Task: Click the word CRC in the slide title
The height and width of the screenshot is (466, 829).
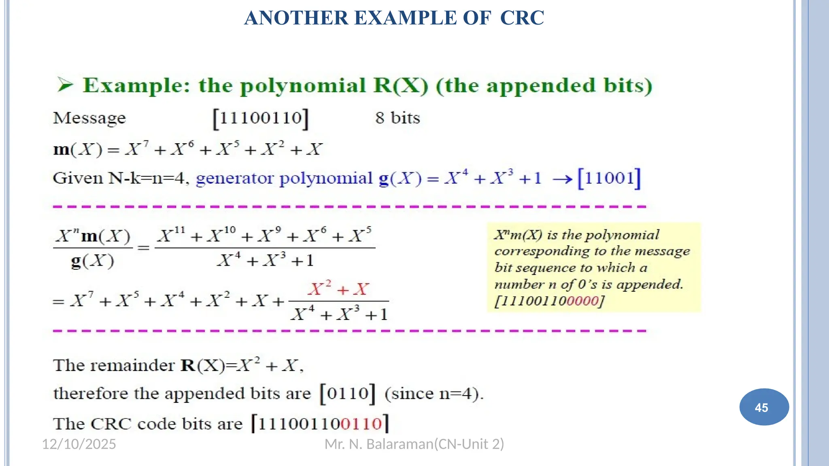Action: click(x=522, y=18)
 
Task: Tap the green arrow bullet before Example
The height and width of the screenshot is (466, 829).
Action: click(x=65, y=85)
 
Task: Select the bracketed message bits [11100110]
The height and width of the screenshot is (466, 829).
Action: click(x=261, y=119)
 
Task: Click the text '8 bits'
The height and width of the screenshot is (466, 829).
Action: click(x=397, y=118)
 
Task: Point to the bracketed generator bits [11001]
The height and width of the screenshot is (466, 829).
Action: click(x=609, y=178)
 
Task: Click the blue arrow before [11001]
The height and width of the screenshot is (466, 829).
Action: click(x=562, y=179)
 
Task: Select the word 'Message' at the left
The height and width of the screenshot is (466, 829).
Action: click(x=89, y=119)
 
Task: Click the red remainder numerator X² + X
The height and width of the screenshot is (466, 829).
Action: click(x=338, y=289)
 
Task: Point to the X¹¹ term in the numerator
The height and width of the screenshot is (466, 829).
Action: click(x=171, y=235)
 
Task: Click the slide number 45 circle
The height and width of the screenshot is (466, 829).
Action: click(x=764, y=407)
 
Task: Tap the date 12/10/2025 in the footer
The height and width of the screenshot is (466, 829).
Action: click(x=79, y=444)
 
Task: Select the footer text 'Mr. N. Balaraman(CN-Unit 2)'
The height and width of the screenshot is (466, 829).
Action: click(x=414, y=444)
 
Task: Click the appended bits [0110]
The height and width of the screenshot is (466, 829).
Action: click(x=348, y=394)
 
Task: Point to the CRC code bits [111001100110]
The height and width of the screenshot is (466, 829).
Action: click(x=320, y=424)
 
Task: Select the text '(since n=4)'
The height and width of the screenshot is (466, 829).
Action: click(x=434, y=394)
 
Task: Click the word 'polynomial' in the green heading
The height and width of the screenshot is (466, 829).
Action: click(x=303, y=86)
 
